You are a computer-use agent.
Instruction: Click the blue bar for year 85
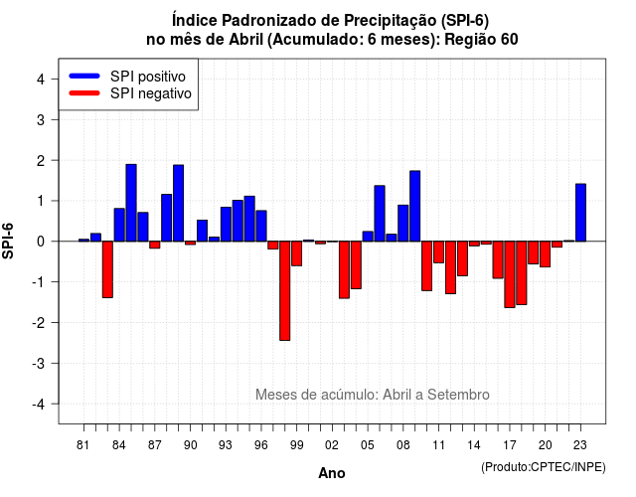[131, 203]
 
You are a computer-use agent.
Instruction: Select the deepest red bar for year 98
[285, 290]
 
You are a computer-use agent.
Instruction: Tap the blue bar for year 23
[580, 213]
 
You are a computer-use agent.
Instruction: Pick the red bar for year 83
[107, 269]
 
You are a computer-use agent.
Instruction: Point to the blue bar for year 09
[415, 206]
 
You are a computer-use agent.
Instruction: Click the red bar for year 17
[510, 274]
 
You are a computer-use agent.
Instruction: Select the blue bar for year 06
[380, 214]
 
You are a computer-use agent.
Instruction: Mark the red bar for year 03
[344, 269]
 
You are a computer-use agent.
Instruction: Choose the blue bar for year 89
[179, 203]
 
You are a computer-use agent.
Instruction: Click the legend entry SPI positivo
[148, 77]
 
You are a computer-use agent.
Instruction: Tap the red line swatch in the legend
[84, 92]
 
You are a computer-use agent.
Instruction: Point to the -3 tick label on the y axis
[40, 364]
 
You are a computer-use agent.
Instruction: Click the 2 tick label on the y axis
[41, 161]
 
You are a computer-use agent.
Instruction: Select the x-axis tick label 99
[297, 445]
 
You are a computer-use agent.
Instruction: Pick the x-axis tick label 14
[474, 445]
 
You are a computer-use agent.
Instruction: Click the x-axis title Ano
[332, 473]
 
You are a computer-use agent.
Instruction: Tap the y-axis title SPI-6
[8, 241]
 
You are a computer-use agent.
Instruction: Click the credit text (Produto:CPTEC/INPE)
[544, 467]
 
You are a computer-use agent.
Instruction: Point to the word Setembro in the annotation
[458, 395]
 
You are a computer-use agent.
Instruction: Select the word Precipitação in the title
[391, 20]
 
